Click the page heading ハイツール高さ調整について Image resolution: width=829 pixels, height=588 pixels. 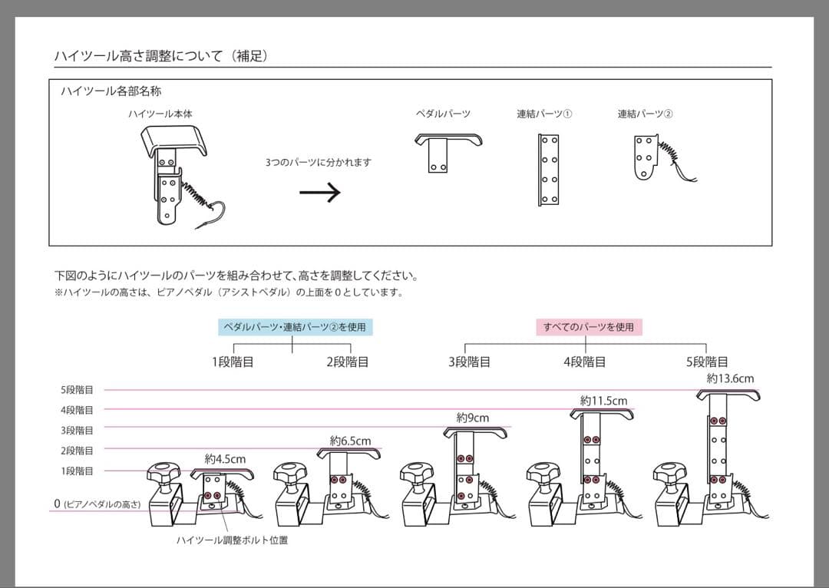click(x=160, y=56)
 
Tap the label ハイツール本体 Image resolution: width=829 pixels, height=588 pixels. click(x=160, y=114)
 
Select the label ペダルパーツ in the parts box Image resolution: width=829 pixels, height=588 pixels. click(x=443, y=114)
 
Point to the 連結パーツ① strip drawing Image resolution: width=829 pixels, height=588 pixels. click(x=548, y=170)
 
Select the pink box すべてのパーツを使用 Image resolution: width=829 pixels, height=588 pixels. click(x=588, y=327)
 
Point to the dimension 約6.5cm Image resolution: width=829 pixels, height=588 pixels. click(x=351, y=441)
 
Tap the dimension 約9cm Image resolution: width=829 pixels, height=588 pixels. click(x=472, y=418)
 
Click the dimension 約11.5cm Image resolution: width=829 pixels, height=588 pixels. click(x=603, y=401)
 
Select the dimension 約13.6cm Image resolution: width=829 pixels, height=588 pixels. click(x=730, y=378)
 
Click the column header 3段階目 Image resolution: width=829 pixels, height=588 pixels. click(x=469, y=362)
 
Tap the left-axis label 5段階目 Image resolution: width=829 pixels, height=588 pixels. click(x=77, y=390)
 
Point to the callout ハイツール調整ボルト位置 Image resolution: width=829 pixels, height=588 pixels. click(x=232, y=540)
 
